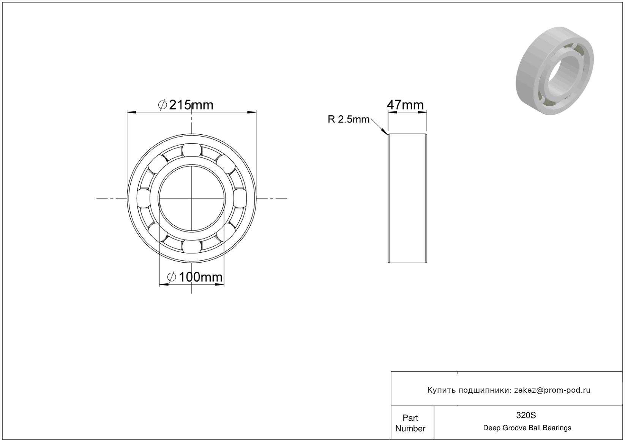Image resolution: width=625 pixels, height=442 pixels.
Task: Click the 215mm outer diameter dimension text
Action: (x=186, y=105)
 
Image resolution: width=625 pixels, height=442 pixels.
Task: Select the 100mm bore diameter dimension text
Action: (x=195, y=277)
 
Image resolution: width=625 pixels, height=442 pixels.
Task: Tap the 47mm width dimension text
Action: (x=405, y=105)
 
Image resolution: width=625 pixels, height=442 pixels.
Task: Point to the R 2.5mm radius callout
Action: (x=349, y=120)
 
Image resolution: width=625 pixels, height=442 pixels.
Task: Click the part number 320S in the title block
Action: (x=526, y=415)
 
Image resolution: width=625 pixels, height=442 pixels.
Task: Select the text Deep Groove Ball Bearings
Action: (x=527, y=428)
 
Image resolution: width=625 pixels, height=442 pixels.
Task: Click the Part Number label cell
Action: (x=410, y=423)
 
